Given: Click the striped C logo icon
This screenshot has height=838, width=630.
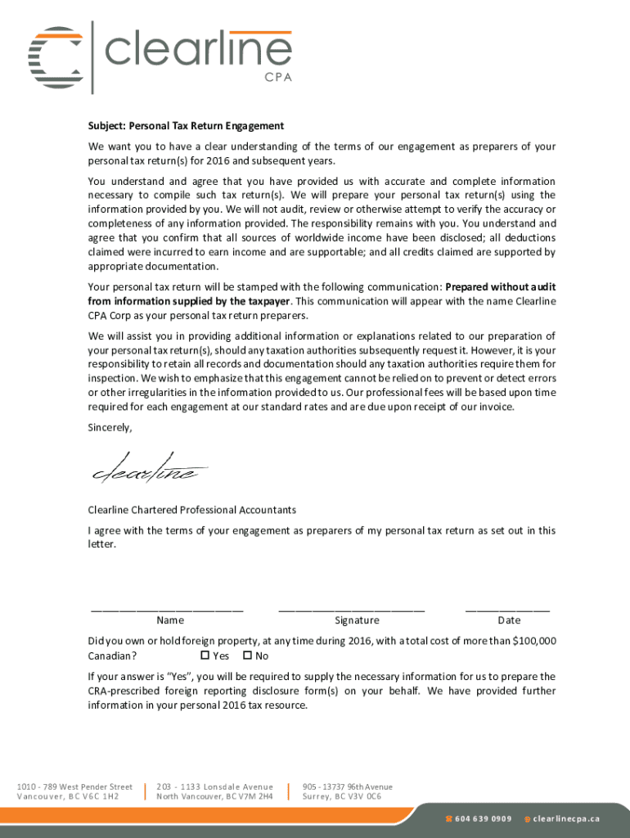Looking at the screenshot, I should pyautogui.click(x=56, y=58).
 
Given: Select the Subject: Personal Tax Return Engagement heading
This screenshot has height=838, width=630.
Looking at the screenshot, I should pyautogui.click(x=186, y=126).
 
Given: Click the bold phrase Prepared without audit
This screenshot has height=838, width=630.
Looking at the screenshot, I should pyautogui.click(x=500, y=287).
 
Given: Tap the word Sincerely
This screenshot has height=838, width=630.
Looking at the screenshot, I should pyautogui.click(x=110, y=428).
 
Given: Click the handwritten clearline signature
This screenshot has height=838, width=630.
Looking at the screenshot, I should pyautogui.click(x=147, y=467).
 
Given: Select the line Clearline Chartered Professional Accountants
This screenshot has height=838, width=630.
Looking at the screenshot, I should pyautogui.click(x=192, y=510).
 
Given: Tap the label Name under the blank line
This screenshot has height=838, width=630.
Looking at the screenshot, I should pyautogui.click(x=170, y=621).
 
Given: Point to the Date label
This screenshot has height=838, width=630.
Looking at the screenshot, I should pyautogui.click(x=508, y=621).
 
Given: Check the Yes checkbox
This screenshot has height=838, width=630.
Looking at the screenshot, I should pyautogui.click(x=205, y=656).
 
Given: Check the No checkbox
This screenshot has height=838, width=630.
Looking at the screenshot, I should pyautogui.click(x=247, y=656).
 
